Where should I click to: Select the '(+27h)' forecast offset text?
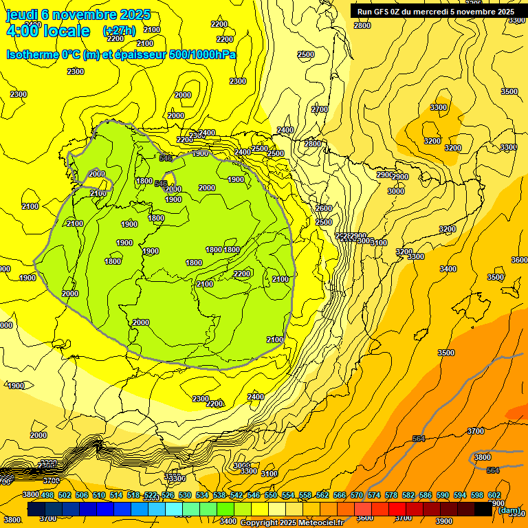click(x=119, y=31)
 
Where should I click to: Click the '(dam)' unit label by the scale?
click(x=509, y=510)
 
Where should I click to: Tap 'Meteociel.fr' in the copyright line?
click(x=317, y=523)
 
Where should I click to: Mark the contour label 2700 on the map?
click(x=320, y=109)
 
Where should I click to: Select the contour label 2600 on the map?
click(x=324, y=208)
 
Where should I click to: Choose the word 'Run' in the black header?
click(x=364, y=11)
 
